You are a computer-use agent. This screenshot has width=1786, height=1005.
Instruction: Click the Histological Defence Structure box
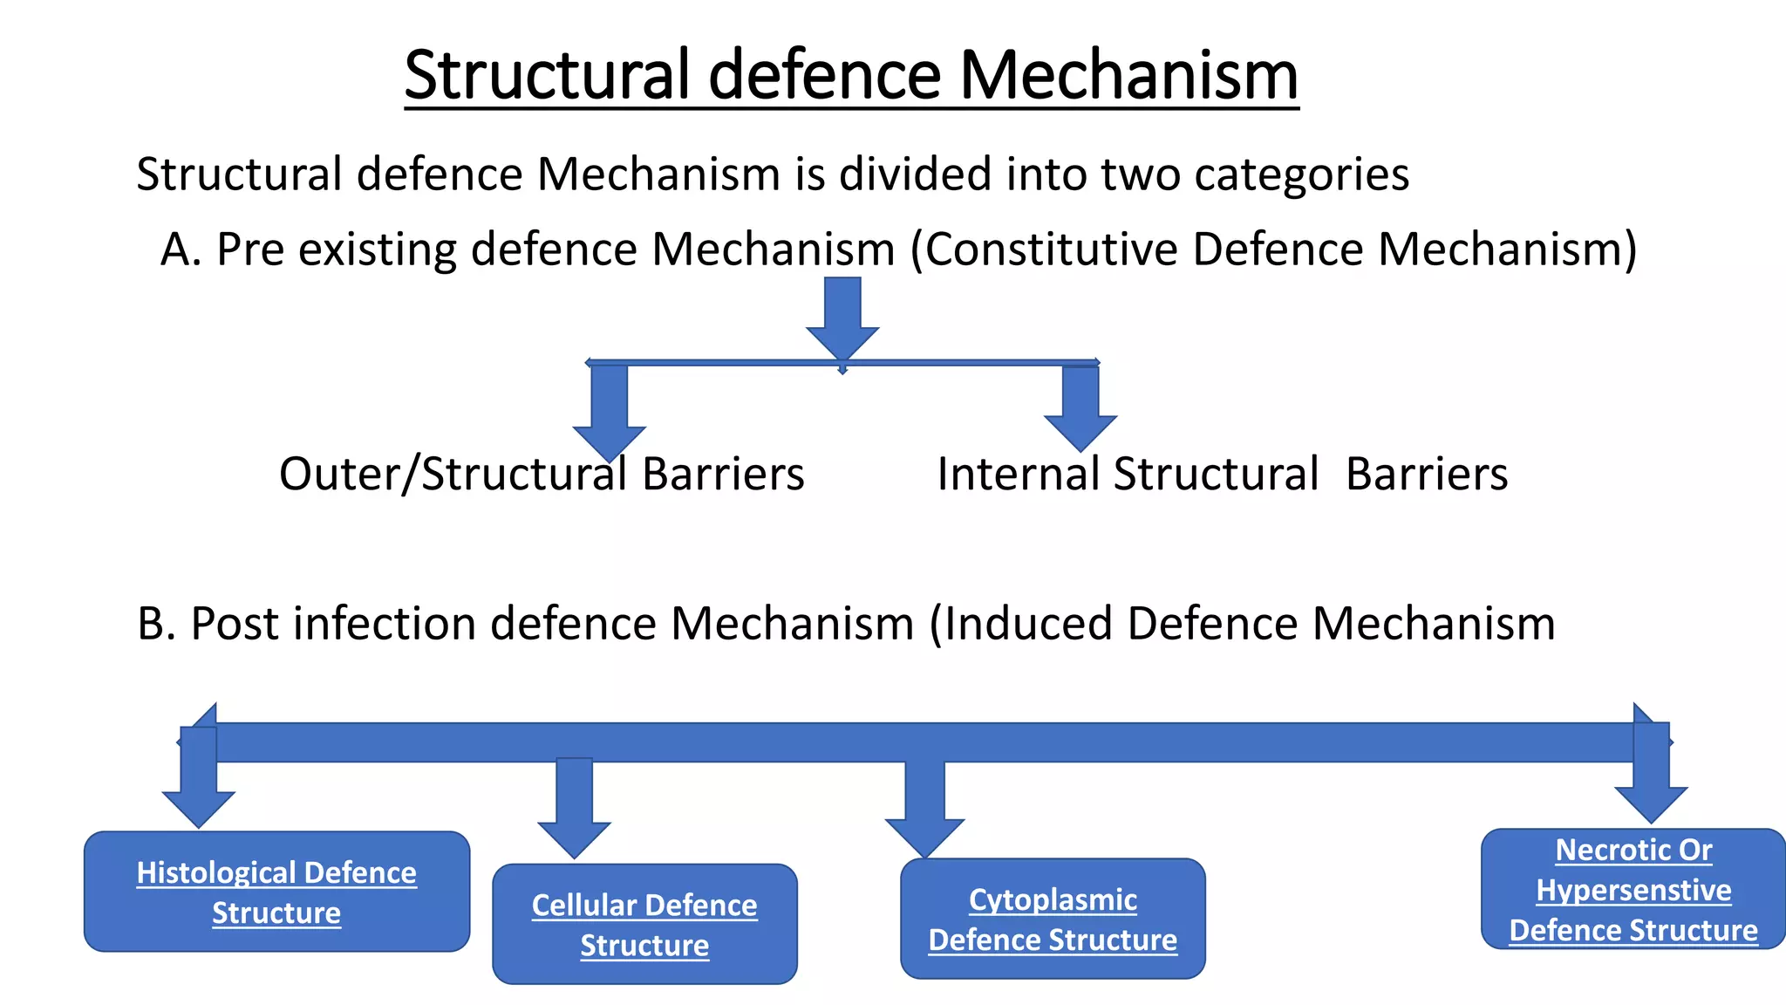276,892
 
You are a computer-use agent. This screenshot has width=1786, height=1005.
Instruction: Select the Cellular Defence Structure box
644,924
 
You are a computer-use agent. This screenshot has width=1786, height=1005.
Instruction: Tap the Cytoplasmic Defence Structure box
1053,919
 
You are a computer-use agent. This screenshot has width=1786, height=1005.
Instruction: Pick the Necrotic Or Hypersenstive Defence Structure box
1633,889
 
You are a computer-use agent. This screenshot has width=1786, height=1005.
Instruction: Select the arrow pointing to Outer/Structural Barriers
609,410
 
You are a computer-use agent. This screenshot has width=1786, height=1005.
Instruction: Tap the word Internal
1018,475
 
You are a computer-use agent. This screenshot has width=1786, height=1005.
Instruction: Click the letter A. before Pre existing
181,250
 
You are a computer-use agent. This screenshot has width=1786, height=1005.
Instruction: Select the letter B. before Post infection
156,624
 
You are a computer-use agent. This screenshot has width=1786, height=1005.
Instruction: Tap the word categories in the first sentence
1301,174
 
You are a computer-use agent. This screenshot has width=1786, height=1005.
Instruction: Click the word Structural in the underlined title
548,75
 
